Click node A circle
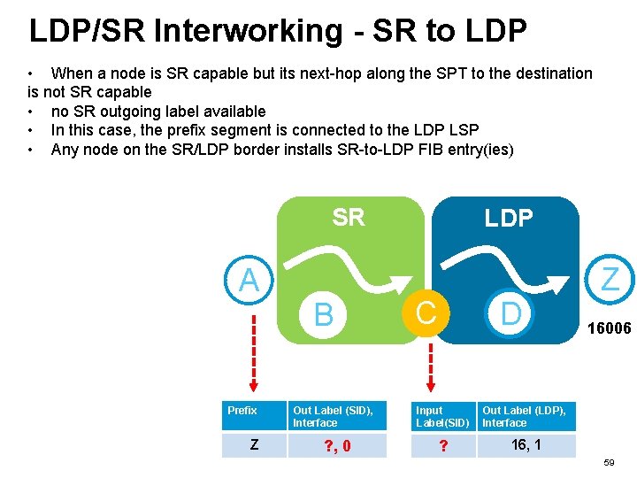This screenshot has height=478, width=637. tap(249, 281)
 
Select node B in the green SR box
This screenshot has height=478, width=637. tap(324, 313)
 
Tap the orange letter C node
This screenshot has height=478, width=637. tap(426, 312)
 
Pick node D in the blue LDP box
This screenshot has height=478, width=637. tap(510, 312)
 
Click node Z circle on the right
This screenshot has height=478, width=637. tap(610, 280)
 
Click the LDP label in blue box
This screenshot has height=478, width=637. tap(508, 219)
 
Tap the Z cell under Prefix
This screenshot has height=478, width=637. tap(253, 444)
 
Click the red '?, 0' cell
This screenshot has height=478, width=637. tap(337, 445)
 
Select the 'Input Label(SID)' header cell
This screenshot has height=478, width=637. tap(442, 416)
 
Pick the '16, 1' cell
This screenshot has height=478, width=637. tap(526, 444)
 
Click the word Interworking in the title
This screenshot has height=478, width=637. tap(245, 31)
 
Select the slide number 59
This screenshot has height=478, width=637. tap(608, 463)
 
